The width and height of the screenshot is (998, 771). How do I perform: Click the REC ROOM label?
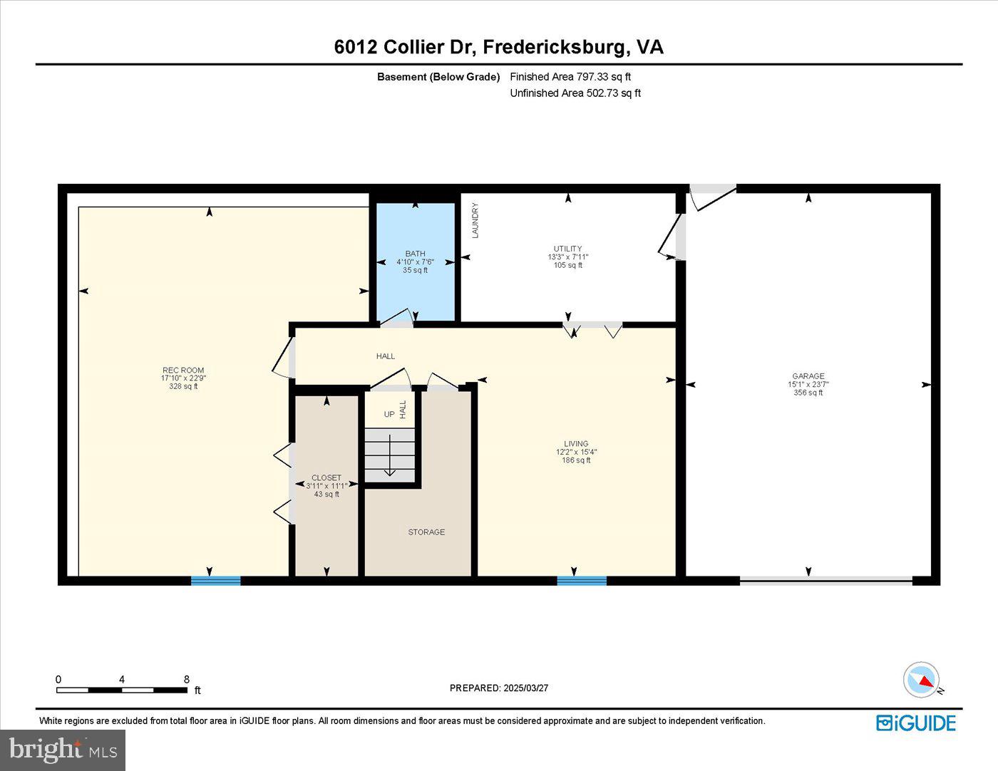(x=183, y=371)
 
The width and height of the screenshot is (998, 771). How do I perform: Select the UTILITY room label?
(x=567, y=249)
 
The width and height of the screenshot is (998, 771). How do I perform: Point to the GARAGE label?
(x=808, y=376)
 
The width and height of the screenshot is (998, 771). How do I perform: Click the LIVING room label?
(x=576, y=443)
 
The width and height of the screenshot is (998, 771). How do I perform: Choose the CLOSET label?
(x=326, y=477)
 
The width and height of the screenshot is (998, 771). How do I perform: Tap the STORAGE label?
(x=426, y=532)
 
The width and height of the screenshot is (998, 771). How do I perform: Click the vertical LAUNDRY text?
(x=475, y=220)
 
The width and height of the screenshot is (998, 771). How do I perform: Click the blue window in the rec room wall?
(x=215, y=581)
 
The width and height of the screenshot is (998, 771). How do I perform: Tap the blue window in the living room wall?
(x=582, y=581)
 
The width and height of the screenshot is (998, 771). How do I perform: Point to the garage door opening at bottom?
(x=825, y=581)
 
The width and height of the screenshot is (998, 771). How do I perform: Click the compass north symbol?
(x=922, y=679)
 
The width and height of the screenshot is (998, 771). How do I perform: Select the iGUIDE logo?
(x=916, y=723)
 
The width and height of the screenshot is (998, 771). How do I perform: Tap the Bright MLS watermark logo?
(x=63, y=750)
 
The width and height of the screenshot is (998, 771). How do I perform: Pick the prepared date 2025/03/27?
(x=499, y=688)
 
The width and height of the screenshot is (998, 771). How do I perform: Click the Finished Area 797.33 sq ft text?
(x=570, y=77)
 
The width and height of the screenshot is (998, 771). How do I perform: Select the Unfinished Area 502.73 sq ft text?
(x=575, y=93)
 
